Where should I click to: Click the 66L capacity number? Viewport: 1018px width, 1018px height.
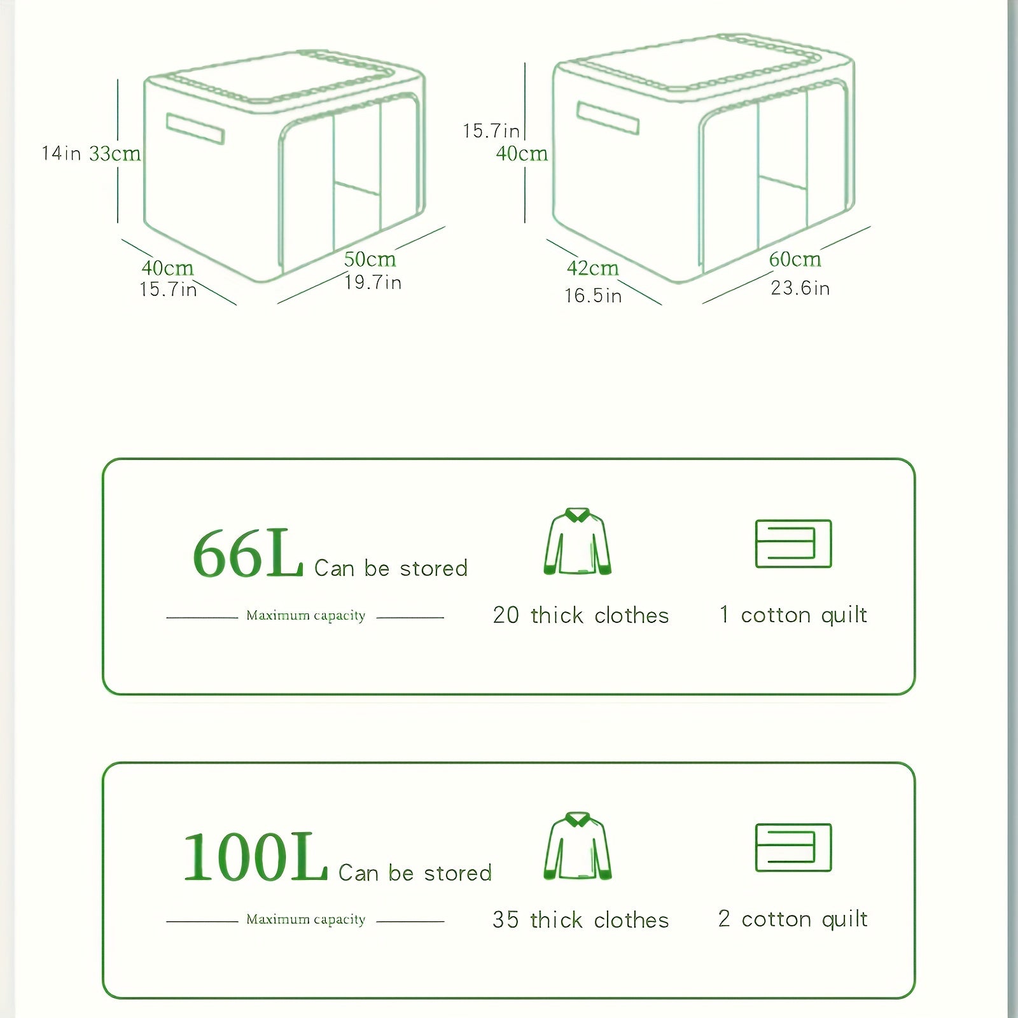pyautogui.click(x=248, y=554)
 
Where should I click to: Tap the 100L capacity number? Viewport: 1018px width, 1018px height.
pyautogui.click(x=255, y=858)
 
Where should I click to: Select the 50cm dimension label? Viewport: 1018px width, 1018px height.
pyautogui.click(x=370, y=259)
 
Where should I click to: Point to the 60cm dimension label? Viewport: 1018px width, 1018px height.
pyautogui.click(x=795, y=259)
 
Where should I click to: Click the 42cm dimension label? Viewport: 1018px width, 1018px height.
pyautogui.click(x=592, y=268)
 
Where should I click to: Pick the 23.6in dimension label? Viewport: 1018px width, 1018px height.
pyautogui.click(x=800, y=288)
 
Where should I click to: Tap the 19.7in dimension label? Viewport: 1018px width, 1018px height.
pyautogui.click(x=373, y=282)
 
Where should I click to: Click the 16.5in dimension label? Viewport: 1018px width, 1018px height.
pyautogui.click(x=592, y=295)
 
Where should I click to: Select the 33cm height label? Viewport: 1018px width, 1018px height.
pyautogui.click(x=115, y=153)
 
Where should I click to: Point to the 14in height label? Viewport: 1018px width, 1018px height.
pyautogui.click(x=61, y=153)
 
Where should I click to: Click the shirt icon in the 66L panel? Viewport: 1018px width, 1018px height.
pyautogui.click(x=577, y=541)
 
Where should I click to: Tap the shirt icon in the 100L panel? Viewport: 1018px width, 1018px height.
pyautogui.click(x=577, y=846)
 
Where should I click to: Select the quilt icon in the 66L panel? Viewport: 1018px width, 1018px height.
pyautogui.click(x=793, y=543)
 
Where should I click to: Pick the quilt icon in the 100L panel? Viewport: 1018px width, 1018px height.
pyautogui.click(x=793, y=847)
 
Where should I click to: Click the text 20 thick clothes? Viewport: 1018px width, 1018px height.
pyautogui.click(x=580, y=615)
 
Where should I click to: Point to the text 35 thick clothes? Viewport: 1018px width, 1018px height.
pyautogui.click(x=580, y=919)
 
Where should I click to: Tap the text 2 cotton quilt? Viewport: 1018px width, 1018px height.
pyautogui.click(x=793, y=919)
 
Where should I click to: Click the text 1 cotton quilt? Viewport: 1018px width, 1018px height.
pyautogui.click(x=793, y=615)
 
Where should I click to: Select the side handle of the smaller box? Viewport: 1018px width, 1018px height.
pyautogui.click(x=195, y=129)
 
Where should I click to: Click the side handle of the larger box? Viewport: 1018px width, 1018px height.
pyautogui.click(x=608, y=118)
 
